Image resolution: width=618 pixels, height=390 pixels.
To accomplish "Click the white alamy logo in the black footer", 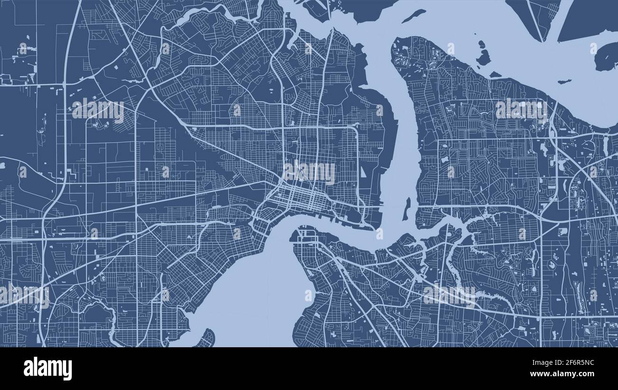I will (x=48, y=369).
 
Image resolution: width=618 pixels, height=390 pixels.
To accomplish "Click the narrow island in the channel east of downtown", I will (x=406, y=209).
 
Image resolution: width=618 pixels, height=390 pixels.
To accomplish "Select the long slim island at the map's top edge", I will (x=413, y=16).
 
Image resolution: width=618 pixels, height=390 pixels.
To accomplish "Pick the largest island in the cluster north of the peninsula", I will (x=483, y=58).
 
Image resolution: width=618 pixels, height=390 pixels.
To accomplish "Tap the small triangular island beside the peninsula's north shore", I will (x=495, y=75).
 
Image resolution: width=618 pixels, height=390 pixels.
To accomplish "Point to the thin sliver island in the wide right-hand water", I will (x=564, y=81).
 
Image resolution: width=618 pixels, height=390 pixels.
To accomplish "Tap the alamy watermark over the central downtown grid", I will (x=309, y=171).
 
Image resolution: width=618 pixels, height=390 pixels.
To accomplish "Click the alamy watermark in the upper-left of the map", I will (x=98, y=110).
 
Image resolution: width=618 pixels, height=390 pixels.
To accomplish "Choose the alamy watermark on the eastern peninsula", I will (x=521, y=109).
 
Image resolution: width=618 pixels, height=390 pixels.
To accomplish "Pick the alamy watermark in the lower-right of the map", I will (x=449, y=295).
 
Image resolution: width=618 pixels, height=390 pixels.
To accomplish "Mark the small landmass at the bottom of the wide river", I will (x=206, y=338).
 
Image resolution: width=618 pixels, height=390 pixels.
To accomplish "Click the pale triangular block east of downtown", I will (x=363, y=171).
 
